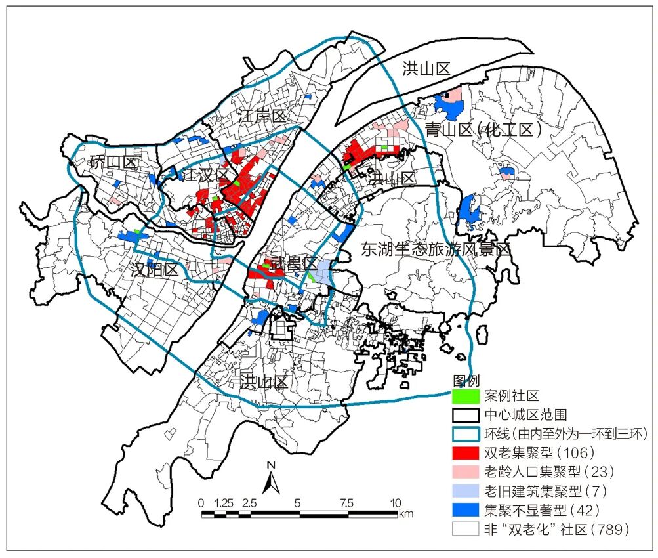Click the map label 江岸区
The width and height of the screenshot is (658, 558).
[262, 118]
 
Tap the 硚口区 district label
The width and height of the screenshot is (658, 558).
[112, 162]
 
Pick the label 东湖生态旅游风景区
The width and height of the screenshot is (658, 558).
[436, 249]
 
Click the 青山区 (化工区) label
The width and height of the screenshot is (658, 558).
[483, 129]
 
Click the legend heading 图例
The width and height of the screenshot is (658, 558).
[466, 380]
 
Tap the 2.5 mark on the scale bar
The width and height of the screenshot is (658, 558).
[249, 503]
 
